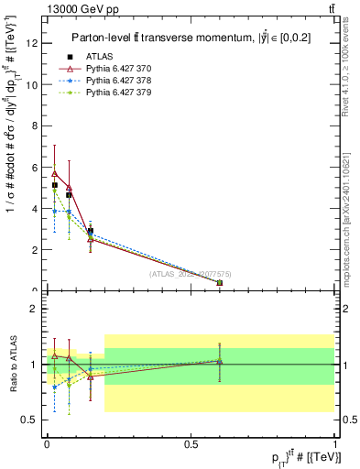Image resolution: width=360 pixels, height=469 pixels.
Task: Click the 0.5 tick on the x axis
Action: coord(191,442)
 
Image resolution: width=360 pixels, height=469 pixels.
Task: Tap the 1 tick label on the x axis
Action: coord(335,442)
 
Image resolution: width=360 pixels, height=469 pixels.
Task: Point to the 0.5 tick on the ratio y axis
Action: coord(28,420)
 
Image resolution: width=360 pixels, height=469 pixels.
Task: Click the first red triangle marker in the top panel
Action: coord(55,173)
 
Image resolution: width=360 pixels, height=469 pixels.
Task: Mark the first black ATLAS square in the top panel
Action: coord(55,185)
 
